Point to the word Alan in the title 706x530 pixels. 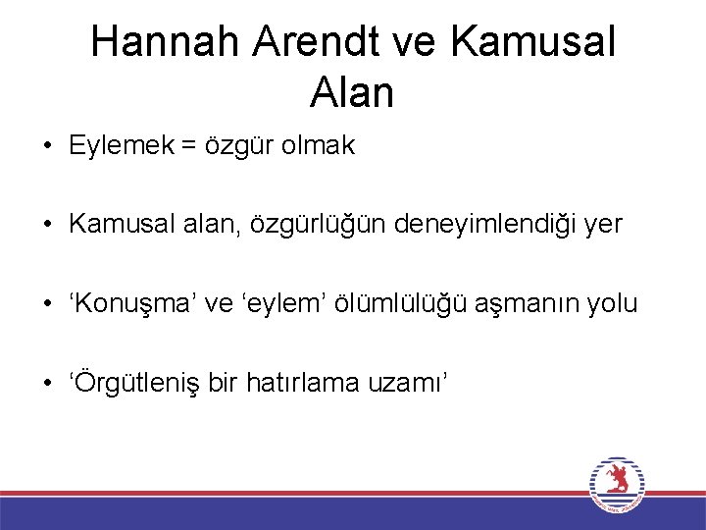[352, 93]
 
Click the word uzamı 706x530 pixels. [411, 383]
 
